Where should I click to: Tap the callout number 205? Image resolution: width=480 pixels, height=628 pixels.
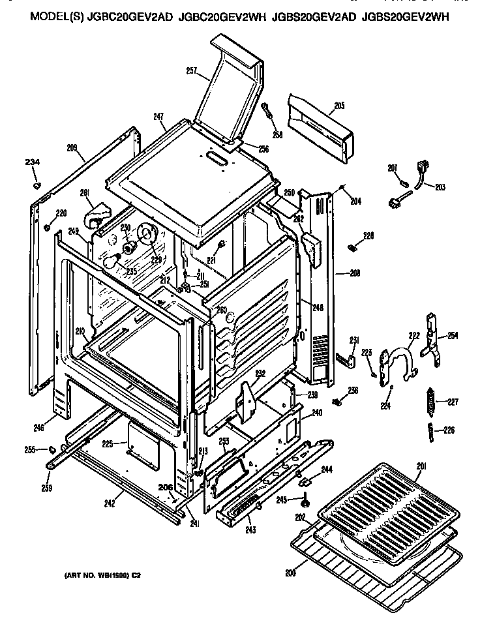click(x=339, y=106)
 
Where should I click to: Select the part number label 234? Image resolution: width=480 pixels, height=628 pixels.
click(x=33, y=162)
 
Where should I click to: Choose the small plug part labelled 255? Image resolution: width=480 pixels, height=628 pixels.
click(x=50, y=449)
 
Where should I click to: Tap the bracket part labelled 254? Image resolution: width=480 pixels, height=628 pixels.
click(x=430, y=335)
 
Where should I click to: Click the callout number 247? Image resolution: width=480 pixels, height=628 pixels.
click(x=158, y=117)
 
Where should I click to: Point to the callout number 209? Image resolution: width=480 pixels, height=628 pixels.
click(x=72, y=148)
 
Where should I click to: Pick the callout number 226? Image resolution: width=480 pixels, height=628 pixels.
click(x=449, y=430)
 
